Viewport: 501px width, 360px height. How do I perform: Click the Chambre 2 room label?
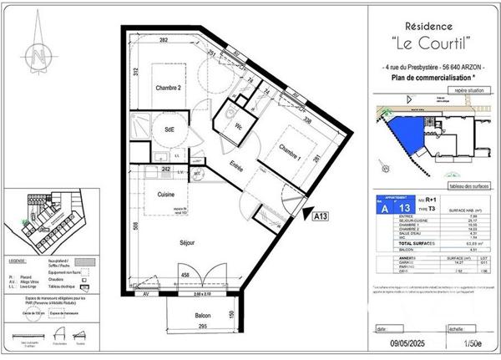(x=169, y=87)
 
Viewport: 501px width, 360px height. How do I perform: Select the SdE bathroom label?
(x=170, y=129)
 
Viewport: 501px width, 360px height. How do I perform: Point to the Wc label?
(x=239, y=127)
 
